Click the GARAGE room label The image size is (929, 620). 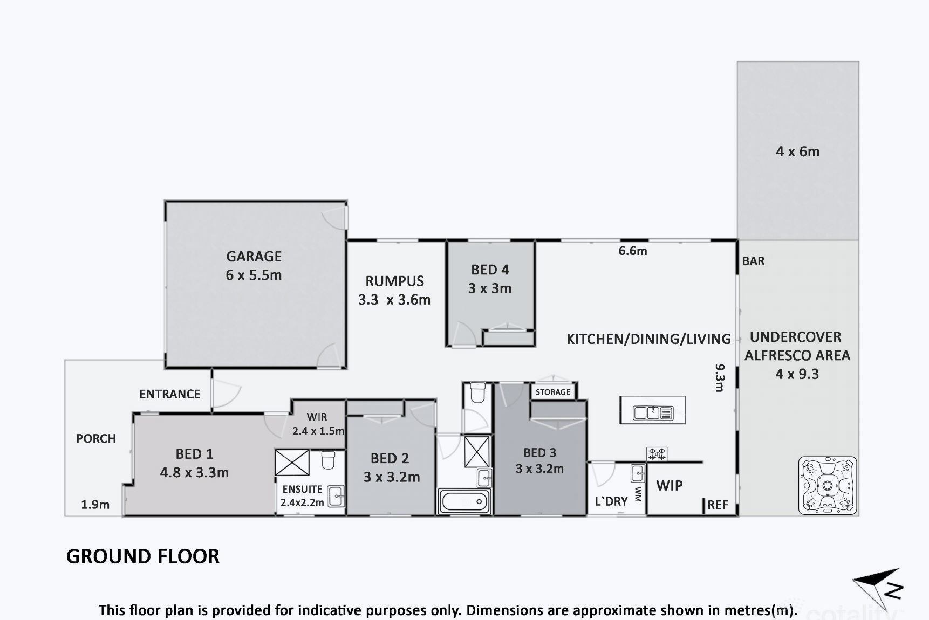point(254,256)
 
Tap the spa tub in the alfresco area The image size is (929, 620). point(827,485)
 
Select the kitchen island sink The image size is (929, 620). point(653,413)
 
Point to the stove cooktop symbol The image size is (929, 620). point(657,454)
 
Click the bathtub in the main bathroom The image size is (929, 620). point(464,502)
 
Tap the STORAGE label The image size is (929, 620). point(553,392)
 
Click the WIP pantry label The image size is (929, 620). point(670,485)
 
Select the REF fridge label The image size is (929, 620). point(718,505)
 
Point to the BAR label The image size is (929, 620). point(753,261)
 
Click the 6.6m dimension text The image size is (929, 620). point(633,251)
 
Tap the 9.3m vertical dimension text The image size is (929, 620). point(720,377)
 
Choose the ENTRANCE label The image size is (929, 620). point(170,394)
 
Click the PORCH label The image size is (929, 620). point(96,438)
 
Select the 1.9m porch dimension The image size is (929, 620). point(95,505)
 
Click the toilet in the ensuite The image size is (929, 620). point(328,460)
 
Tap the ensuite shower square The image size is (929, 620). point(292,463)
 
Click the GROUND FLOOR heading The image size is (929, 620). point(143,556)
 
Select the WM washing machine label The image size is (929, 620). point(638,494)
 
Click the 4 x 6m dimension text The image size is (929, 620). point(798,151)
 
